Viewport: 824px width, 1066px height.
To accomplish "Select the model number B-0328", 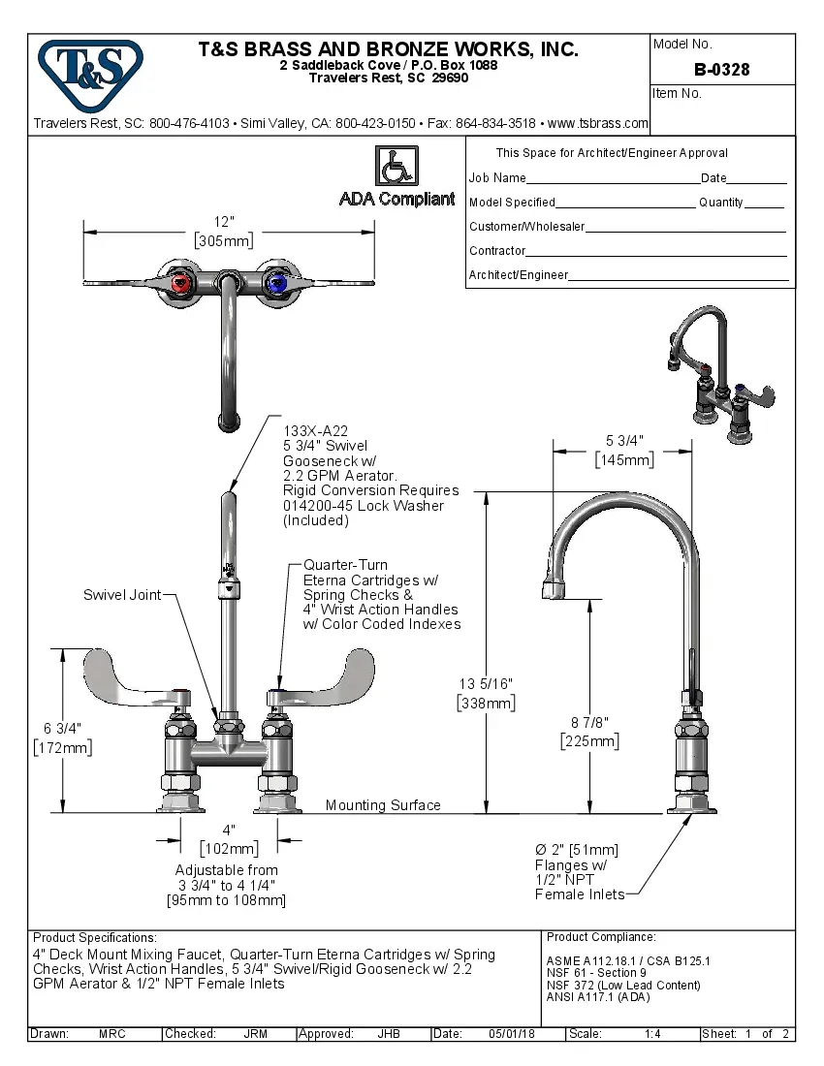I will tap(721, 70).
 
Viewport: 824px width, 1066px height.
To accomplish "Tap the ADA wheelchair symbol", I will tap(396, 166).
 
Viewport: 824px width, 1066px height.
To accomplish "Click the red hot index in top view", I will tap(181, 284).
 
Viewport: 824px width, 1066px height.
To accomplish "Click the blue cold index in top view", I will tap(277, 284).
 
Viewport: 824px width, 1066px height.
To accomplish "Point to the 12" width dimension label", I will tap(224, 222).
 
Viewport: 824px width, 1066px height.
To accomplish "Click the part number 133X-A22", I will tap(315, 431).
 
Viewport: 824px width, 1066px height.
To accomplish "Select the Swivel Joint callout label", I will tap(122, 594).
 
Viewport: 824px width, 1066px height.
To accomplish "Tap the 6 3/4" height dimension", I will tap(62, 728).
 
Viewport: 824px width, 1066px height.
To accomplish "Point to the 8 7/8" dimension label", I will tap(589, 722).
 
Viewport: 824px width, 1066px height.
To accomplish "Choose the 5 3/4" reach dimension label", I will tap(622, 441).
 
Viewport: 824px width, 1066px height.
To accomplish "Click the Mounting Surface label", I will tap(383, 805).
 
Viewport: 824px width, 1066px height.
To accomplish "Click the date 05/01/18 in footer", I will tap(513, 1034).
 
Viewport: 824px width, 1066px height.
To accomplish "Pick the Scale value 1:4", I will tap(652, 1034).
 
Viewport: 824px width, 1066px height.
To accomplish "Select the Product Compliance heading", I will tap(601, 937).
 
